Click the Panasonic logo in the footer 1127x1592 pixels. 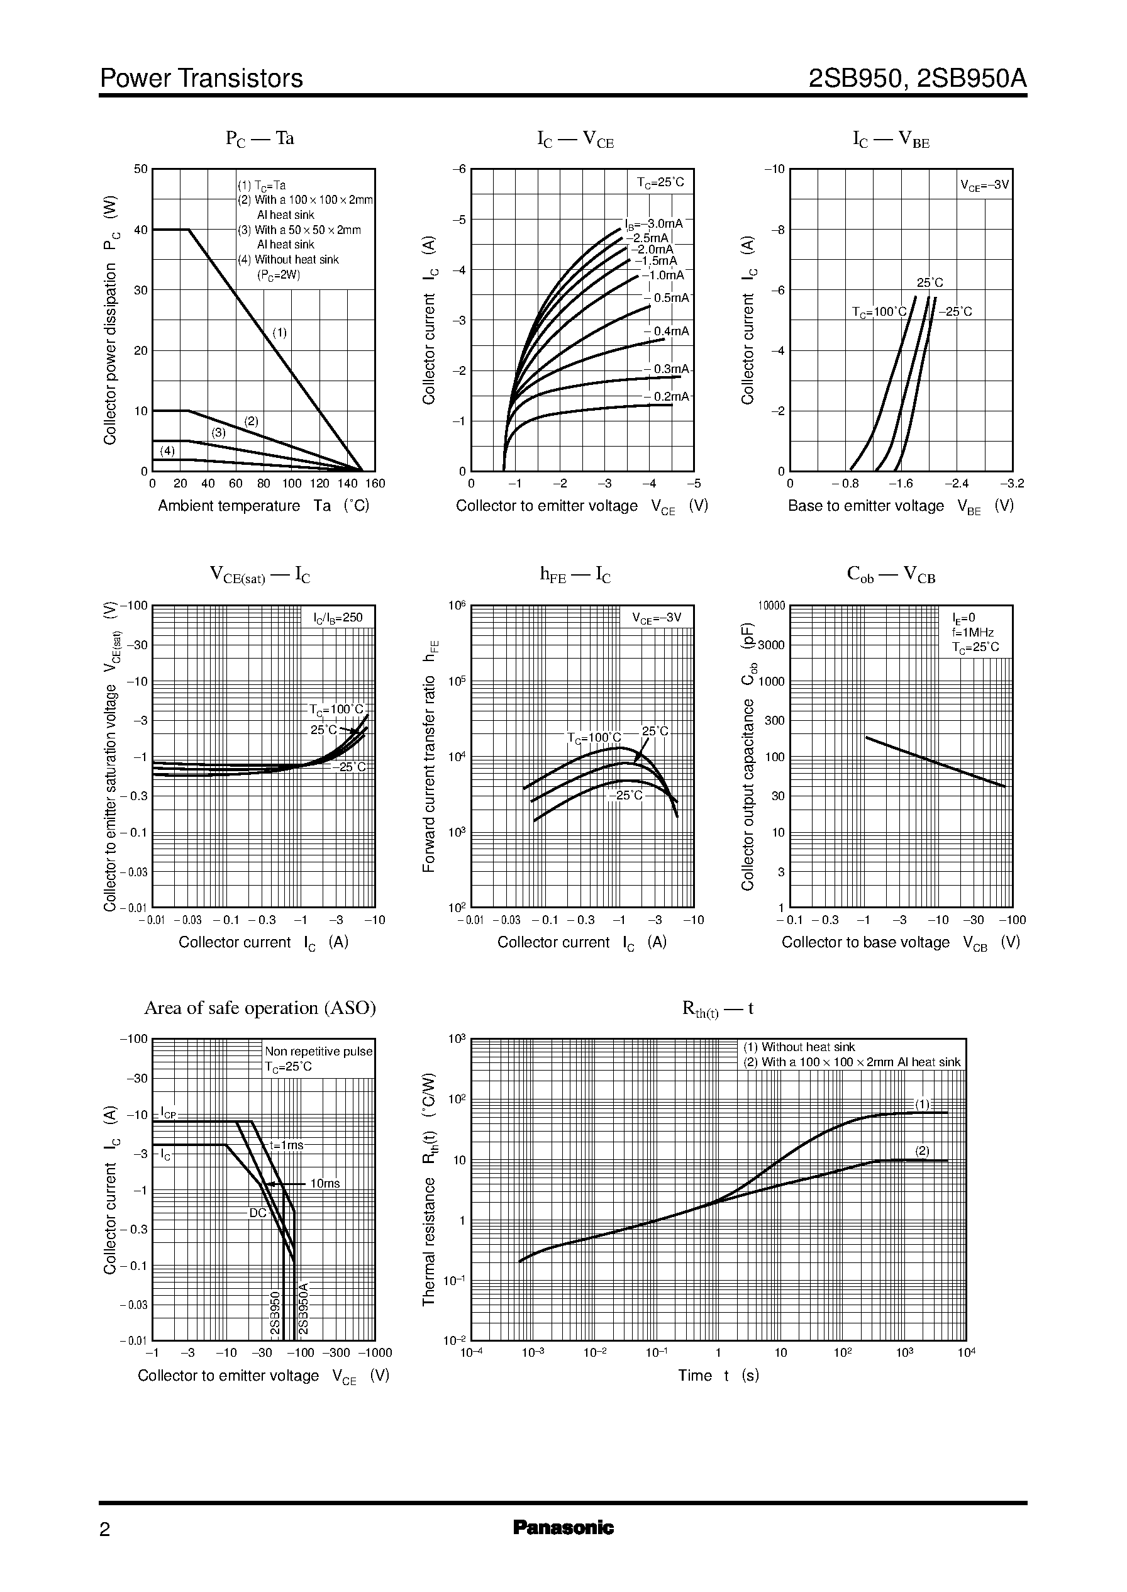[x=563, y=1547]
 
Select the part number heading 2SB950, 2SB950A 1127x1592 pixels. [x=917, y=79]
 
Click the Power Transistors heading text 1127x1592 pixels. [x=201, y=79]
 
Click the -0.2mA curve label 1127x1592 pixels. [x=667, y=396]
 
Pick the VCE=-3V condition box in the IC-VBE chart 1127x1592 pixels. [x=984, y=186]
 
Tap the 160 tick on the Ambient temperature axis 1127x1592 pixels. [x=375, y=484]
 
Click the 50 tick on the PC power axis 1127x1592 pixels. [x=140, y=169]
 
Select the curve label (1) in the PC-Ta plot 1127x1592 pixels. [x=279, y=332]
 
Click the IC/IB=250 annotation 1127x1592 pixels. [x=338, y=617]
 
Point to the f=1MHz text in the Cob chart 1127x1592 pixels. [x=973, y=632]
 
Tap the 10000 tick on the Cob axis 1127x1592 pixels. [x=771, y=606]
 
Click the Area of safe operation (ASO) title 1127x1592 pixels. [x=260, y=1008]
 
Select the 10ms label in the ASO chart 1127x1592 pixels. [x=325, y=1183]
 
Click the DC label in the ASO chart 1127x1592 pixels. [x=257, y=1213]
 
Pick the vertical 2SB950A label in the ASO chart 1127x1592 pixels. [x=303, y=1308]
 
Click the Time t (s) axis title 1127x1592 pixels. [x=718, y=1376]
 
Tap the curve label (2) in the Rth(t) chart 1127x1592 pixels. [x=921, y=1150]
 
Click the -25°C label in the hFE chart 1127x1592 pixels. [x=626, y=795]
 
